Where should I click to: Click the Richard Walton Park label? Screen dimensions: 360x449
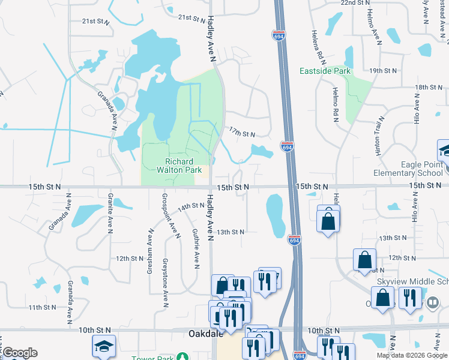(179, 166)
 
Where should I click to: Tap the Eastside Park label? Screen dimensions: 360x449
(325, 71)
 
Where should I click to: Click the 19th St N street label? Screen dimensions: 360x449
(384, 71)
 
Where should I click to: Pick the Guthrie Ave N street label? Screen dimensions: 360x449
(196, 248)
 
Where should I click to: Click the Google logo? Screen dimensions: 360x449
(20, 353)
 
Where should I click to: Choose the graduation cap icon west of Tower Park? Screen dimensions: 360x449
(103, 346)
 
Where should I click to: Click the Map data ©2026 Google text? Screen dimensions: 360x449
(411, 355)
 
